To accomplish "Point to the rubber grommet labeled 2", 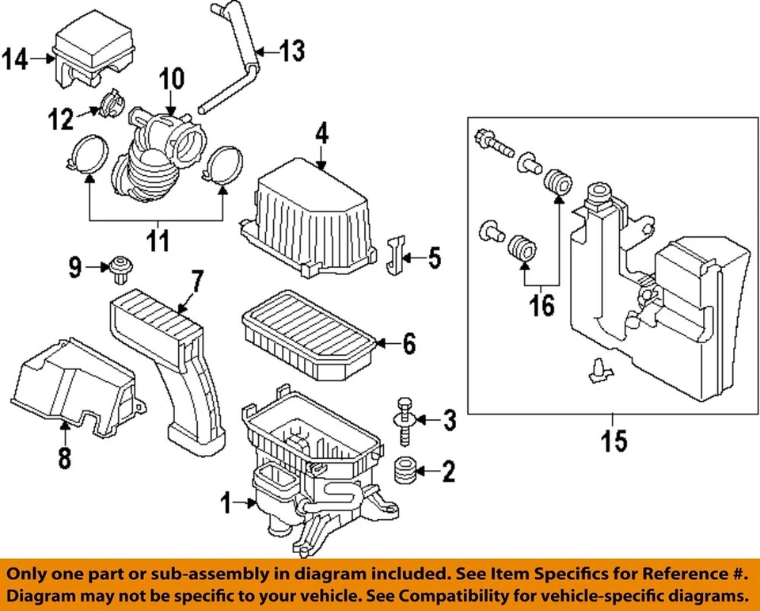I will (x=405, y=470).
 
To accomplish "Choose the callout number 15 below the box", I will (x=614, y=441).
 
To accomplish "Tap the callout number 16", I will (x=542, y=305).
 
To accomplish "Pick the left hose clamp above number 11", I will (x=86, y=155).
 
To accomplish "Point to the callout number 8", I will (x=64, y=456).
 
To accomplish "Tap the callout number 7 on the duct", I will (x=196, y=281).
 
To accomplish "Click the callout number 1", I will (x=226, y=502).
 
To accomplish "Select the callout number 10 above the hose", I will (x=172, y=78).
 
